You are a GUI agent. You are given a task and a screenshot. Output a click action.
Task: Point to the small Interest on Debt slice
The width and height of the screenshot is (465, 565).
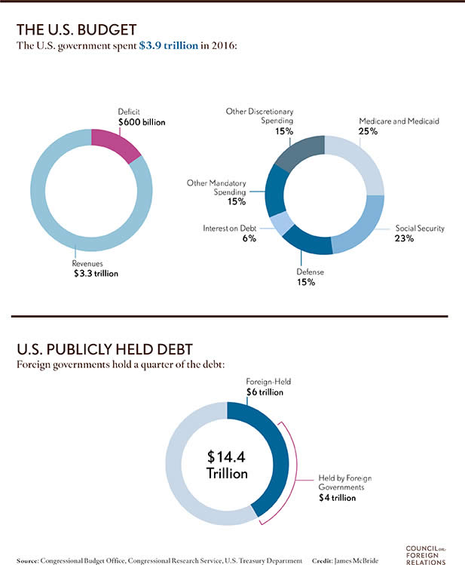[280, 224]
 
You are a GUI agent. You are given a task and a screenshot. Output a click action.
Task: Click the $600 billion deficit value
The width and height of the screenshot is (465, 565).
[142, 121]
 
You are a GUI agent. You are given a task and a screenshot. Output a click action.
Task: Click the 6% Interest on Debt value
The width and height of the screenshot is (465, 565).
[249, 238]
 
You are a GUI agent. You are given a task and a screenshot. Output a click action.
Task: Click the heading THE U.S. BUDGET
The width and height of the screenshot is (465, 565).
[76, 29]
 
